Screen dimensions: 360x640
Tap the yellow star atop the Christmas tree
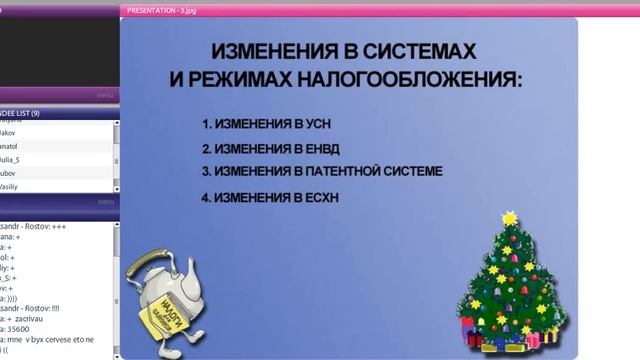tap(509, 217)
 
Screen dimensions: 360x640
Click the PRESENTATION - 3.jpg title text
tap(165, 10)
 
